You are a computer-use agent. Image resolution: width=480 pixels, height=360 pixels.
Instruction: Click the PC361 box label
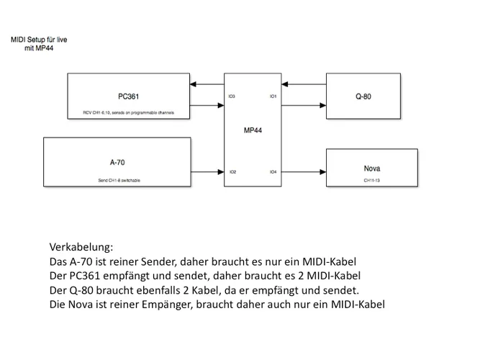point(130,96)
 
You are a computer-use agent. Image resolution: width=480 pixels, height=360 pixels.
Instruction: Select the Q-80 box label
point(363,96)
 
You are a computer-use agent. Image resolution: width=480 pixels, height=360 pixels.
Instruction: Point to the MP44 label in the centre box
point(253,130)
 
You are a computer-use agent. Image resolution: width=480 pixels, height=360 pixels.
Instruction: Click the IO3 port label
point(232,96)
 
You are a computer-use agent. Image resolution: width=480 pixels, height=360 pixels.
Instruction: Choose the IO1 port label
point(273,96)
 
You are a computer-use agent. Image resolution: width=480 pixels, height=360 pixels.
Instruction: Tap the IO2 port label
point(232,172)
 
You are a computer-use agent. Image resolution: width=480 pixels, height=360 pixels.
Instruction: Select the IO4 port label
point(273,172)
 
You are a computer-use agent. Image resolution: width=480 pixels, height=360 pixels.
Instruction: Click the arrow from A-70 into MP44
point(209,172)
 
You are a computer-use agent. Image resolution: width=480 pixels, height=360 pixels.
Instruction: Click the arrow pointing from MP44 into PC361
point(209,85)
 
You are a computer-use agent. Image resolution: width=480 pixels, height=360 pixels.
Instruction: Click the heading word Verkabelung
point(81,247)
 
